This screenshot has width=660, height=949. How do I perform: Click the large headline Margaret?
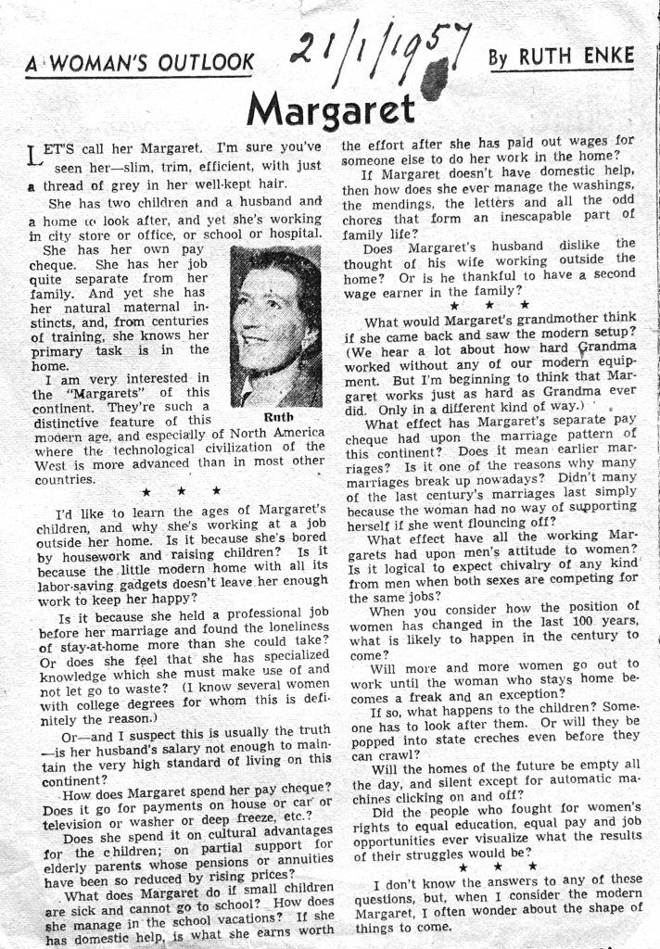click(x=331, y=110)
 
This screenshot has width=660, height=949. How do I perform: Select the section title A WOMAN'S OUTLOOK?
click(x=139, y=64)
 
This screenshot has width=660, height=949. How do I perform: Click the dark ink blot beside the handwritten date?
click(x=434, y=79)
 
